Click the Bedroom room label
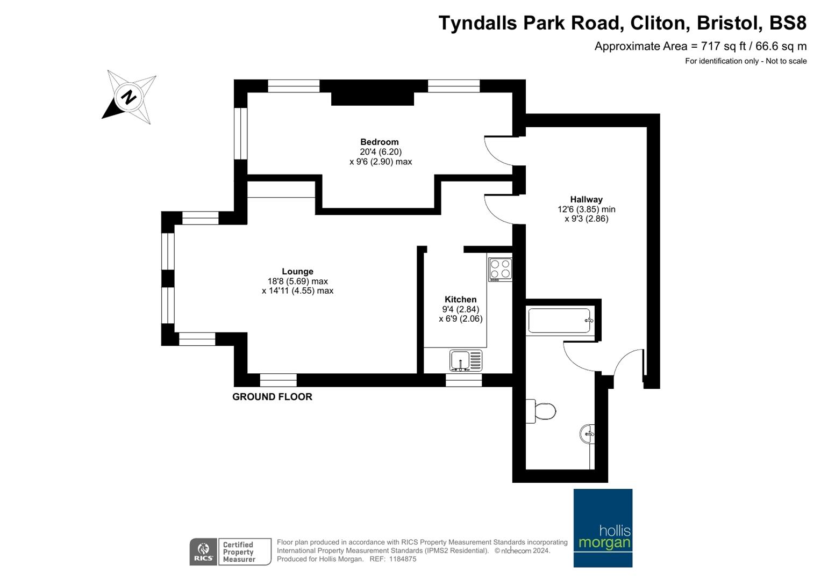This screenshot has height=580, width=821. pyautogui.click(x=380, y=142)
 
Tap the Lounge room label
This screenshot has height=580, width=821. pyautogui.click(x=298, y=271)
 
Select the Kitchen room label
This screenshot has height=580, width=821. pyautogui.click(x=460, y=299)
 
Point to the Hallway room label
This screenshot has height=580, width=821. pyautogui.click(x=587, y=200)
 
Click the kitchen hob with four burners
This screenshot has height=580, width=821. pyautogui.click(x=501, y=270)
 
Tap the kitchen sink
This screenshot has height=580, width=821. pyautogui.click(x=466, y=361)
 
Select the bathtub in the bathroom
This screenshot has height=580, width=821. pyautogui.click(x=560, y=321)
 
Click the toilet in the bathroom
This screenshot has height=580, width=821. pyautogui.click(x=541, y=411)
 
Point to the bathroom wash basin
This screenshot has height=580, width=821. pyautogui.click(x=587, y=434)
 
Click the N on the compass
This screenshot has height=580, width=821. pyautogui.click(x=128, y=97)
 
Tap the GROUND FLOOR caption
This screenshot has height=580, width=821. pyautogui.click(x=273, y=396)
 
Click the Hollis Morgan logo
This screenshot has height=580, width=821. pyautogui.click(x=603, y=528)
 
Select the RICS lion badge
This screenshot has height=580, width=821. pyautogui.click(x=203, y=552)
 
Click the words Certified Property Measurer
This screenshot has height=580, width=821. pyautogui.click(x=239, y=552)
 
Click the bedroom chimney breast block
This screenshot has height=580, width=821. pyautogui.click(x=373, y=99)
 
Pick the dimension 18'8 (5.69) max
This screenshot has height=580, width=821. pyautogui.click(x=298, y=281)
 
